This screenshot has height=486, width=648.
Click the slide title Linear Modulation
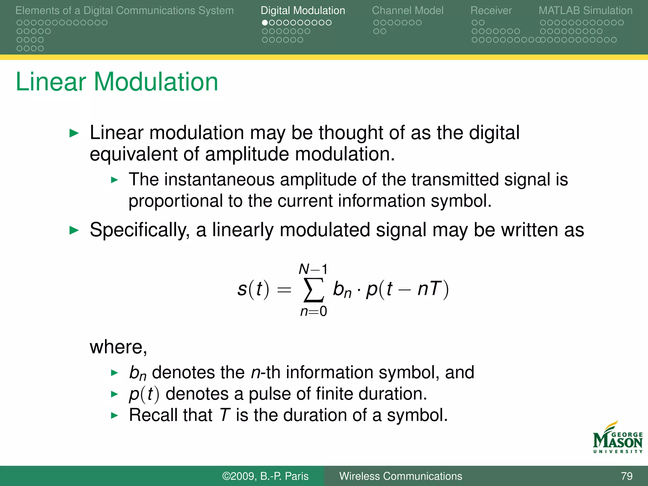(x=117, y=82)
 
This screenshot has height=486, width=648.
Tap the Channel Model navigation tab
(x=408, y=10)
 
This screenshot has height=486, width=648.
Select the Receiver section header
(x=491, y=10)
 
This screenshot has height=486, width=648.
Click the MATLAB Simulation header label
(x=585, y=10)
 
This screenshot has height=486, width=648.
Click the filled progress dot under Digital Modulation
(x=265, y=23)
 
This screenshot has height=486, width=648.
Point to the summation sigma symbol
(x=313, y=290)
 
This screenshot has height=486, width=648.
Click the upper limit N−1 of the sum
(x=313, y=269)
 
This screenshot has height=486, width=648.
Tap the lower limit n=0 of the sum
(x=313, y=311)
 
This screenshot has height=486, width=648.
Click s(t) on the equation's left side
(x=253, y=289)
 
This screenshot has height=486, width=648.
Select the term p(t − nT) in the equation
(x=407, y=289)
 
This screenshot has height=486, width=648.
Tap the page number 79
(x=626, y=476)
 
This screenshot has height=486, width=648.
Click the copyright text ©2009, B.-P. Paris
(x=265, y=476)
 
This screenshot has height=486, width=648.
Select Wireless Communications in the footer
(x=401, y=476)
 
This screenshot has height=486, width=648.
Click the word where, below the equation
(x=118, y=347)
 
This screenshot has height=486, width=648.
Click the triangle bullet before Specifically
(x=74, y=230)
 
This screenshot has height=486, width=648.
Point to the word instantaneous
(x=219, y=179)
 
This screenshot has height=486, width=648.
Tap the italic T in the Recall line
(x=224, y=415)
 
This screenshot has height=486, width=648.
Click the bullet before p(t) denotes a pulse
(x=114, y=394)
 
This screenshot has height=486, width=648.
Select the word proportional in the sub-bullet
(x=176, y=201)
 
